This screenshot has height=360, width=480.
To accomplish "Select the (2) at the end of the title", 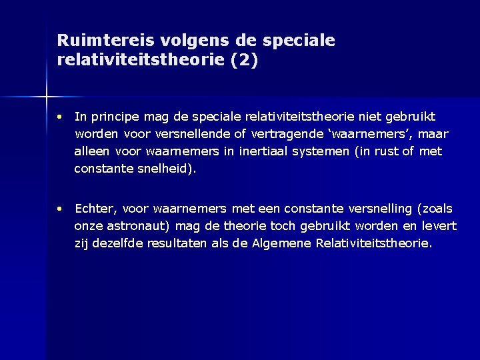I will [244, 61].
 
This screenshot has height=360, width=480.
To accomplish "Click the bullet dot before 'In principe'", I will [60, 117].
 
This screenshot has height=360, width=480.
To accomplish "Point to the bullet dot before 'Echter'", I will [60, 209].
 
